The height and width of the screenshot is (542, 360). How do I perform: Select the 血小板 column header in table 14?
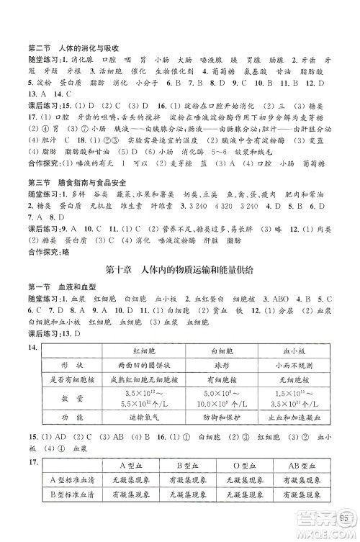[x=292, y=350]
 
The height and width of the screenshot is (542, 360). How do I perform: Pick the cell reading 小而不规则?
[x=292, y=364]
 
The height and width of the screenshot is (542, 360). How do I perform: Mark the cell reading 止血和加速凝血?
[x=292, y=417]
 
